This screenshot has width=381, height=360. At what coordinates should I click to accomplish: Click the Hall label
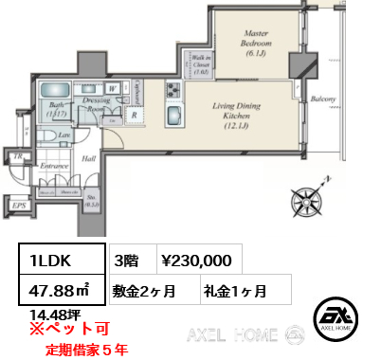point(87,160)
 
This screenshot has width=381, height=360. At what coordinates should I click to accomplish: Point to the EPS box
point(19,204)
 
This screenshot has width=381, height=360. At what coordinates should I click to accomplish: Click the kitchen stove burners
point(174,91)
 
